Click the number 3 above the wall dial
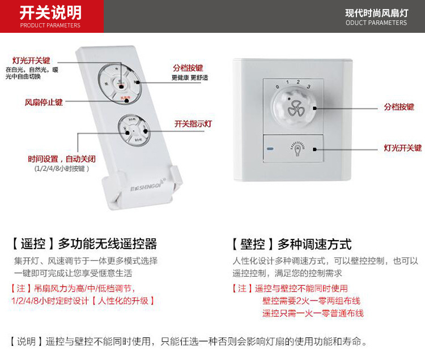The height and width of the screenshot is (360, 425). click(x=308, y=87)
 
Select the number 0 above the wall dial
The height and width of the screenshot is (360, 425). click(x=277, y=87)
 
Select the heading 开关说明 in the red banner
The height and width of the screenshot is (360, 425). click(x=50, y=12)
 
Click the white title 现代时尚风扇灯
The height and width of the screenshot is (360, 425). click(x=376, y=12)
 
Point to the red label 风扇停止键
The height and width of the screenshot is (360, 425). click(x=44, y=102)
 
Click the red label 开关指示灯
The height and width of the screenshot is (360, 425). click(x=193, y=123)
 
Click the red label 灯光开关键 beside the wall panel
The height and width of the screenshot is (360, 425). click(x=402, y=148)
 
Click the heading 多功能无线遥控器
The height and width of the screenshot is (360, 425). click(x=107, y=245)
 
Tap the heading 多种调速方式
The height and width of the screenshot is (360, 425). click(x=314, y=245)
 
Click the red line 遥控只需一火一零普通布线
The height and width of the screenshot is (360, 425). click(x=313, y=313)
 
